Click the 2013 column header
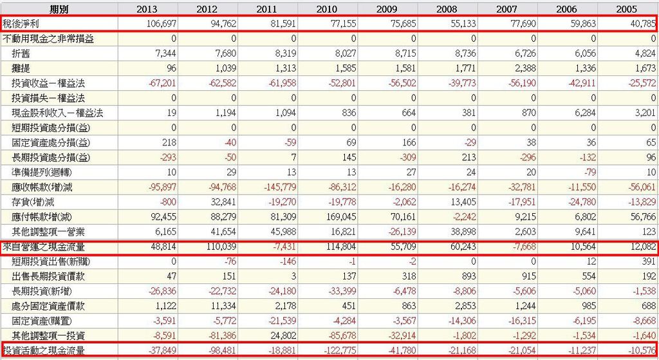tap(148, 9)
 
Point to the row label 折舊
tap(21, 53)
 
